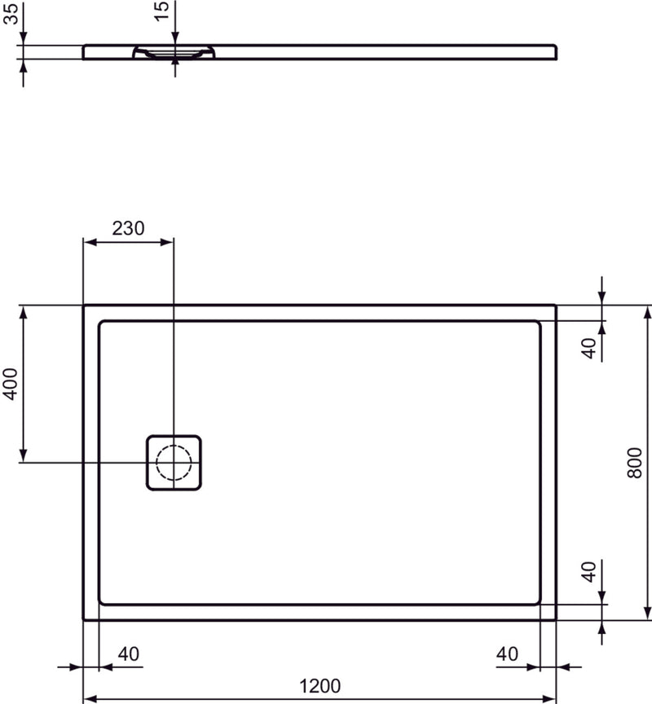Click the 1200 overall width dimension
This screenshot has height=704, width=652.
pos(320,686)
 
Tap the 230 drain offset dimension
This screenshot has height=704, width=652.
pos(128,228)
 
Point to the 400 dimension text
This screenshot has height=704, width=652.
pos(10,382)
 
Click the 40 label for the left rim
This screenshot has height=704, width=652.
pos(129,653)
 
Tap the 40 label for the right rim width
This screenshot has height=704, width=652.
pos(507,653)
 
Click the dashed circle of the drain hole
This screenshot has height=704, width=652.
pos(174,462)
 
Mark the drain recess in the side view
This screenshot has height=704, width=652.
pos(174,54)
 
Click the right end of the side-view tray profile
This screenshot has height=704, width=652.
pos(556,52)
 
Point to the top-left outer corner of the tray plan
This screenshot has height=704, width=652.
pos(84,306)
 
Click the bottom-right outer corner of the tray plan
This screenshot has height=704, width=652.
pos(556,619)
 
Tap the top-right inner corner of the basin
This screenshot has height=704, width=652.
pos(539,323)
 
